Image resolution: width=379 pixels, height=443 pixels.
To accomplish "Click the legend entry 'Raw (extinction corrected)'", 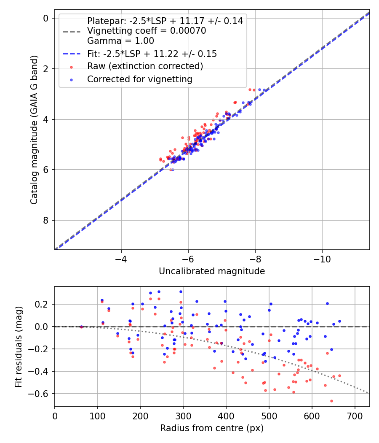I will [x=145, y=66].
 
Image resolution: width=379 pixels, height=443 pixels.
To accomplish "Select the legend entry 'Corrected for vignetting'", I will [x=139, y=79].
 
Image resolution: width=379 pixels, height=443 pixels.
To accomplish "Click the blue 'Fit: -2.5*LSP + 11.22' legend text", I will [x=152, y=54].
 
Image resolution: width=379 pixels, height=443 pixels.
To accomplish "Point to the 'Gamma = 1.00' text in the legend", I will [x=120, y=41].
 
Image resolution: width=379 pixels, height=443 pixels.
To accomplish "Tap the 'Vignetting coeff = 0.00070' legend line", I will [x=146, y=31].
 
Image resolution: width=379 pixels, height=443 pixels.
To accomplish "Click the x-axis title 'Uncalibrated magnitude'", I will [x=212, y=271].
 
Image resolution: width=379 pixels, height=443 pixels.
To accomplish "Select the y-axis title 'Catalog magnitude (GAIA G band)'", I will [x=34, y=130].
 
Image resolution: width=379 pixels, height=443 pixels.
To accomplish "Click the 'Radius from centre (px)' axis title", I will [x=212, y=428].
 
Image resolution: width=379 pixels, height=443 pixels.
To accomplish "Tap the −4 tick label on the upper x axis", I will [x=121, y=258].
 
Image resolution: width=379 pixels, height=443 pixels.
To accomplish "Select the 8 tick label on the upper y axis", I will [x=46, y=220].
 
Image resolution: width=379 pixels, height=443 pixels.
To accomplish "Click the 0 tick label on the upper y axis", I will [x=46, y=18].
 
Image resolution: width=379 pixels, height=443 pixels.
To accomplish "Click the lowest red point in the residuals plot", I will [x=331, y=401].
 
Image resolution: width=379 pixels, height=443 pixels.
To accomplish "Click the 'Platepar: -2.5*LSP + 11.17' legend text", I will [x=165, y=21].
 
